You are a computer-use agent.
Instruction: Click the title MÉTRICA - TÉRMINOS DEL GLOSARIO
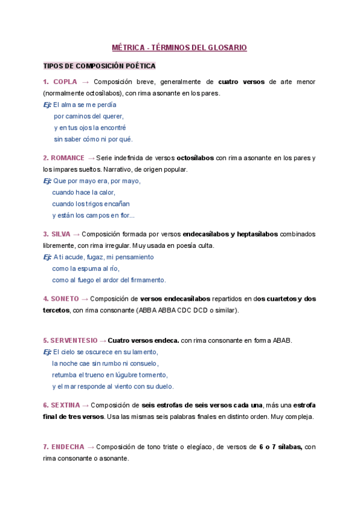click(x=179, y=47)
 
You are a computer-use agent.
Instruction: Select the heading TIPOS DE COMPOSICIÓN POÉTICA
click(x=99, y=65)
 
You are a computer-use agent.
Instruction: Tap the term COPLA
click(x=65, y=82)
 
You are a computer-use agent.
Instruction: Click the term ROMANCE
click(x=67, y=158)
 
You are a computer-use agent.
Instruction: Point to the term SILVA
click(x=60, y=234)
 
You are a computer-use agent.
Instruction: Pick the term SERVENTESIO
click(x=74, y=340)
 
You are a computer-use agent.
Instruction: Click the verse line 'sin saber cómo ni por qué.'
click(x=93, y=139)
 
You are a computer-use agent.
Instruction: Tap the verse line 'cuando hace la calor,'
click(x=83, y=193)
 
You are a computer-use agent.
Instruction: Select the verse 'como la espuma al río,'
click(x=86, y=268)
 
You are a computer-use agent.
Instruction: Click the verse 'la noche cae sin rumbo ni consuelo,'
click(x=105, y=363)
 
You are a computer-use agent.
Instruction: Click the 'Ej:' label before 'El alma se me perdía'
click(x=47, y=104)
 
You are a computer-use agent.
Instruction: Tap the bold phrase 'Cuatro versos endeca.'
click(x=144, y=340)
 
